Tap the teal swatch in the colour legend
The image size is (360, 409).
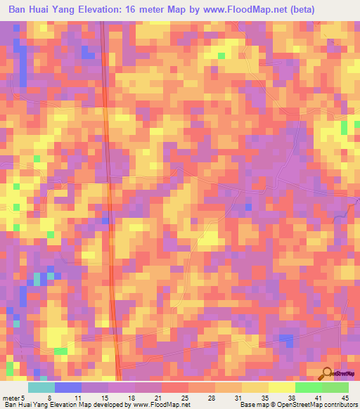[41, 387]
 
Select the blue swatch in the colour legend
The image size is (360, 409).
[68, 387]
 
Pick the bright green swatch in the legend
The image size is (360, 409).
[309, 387]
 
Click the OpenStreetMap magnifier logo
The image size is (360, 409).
[327, 372]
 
